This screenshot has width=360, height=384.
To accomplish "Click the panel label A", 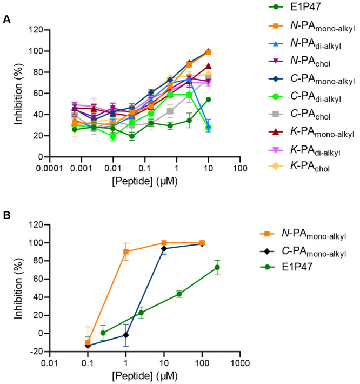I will coord(6,19).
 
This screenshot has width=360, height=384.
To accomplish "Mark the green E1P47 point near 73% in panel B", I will coord(217,267).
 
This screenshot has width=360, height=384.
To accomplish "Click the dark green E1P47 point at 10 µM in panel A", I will coord(208,100).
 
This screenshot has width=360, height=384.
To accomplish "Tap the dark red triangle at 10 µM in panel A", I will coord(208,67).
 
